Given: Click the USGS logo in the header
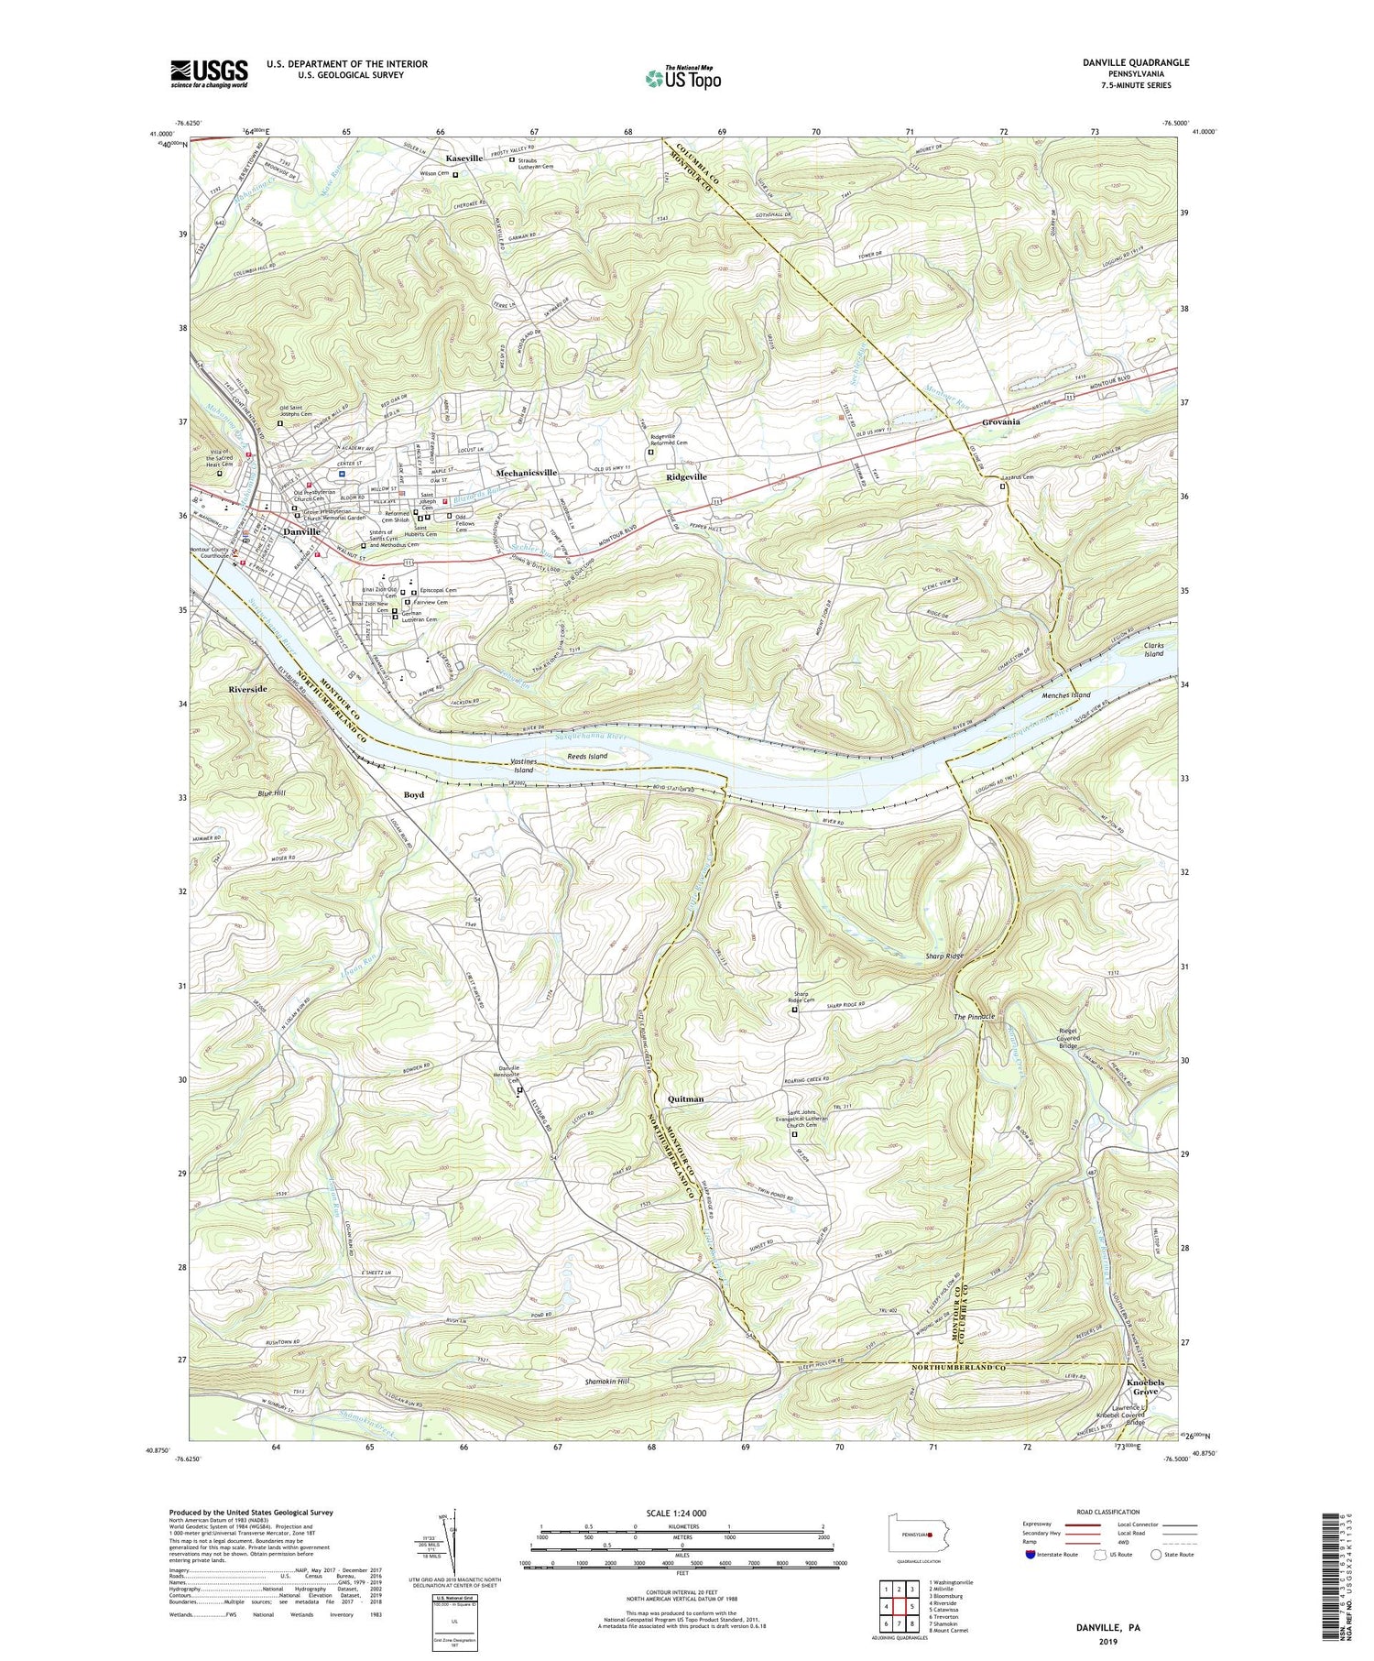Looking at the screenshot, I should (x=209, y=72).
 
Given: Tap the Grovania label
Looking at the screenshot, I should (x=1000, y=422).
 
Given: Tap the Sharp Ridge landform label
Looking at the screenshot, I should (x=943, y=956).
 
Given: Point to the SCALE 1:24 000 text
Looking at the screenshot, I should (x=682, y=1513).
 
